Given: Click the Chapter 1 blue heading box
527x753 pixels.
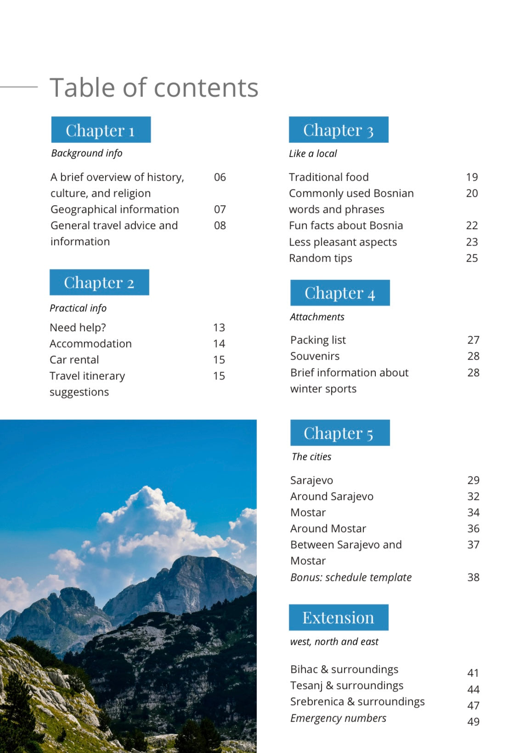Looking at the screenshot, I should tap(101, 130).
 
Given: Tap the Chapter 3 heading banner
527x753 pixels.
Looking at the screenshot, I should tap(338, 130).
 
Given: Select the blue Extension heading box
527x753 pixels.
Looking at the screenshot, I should tap(338, 617).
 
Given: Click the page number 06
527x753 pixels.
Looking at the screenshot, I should tap(220, 177).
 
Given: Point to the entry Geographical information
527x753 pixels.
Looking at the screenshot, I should tap(114, 209).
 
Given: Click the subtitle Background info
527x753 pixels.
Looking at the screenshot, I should tap(86, 153).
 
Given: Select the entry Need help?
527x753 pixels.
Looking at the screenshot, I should tap(78, 328).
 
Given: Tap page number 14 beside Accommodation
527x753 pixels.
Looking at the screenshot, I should tap(219, 344).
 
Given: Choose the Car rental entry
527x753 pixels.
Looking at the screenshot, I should tap(74, 360).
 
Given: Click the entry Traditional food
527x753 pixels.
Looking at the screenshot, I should tap(329, 177).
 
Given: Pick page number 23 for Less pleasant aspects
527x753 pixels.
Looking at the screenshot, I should tap(471, 242).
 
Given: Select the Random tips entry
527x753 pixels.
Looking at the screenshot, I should tap(320, 258).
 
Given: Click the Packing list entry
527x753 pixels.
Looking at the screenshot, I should tap(318, 340).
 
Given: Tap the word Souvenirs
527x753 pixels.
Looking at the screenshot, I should tap(315, 356).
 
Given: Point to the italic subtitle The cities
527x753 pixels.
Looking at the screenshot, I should tap(311, 457).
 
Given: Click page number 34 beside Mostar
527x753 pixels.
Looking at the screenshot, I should tap(473, 512).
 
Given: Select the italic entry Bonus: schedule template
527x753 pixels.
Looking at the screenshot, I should tap(351, 577).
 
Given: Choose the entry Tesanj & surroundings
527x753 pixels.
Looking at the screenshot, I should tap(346, 685).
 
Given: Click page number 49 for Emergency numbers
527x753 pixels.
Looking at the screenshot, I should tap(473, 722).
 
